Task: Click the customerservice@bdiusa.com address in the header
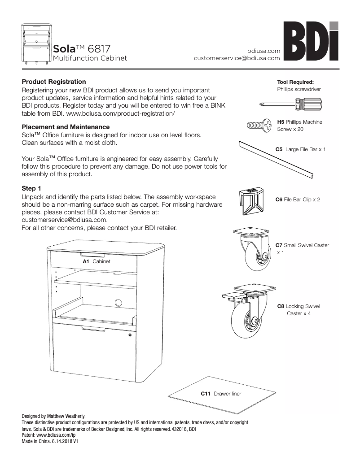[237, 58]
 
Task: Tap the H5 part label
[281, 122]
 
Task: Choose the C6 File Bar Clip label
[298, 199]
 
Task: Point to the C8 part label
[281, 306]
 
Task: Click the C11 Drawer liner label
[221, 393]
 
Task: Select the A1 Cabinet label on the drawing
[96, 261]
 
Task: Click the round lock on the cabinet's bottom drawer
[130, 335]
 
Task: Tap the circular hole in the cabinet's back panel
[119, 302]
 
